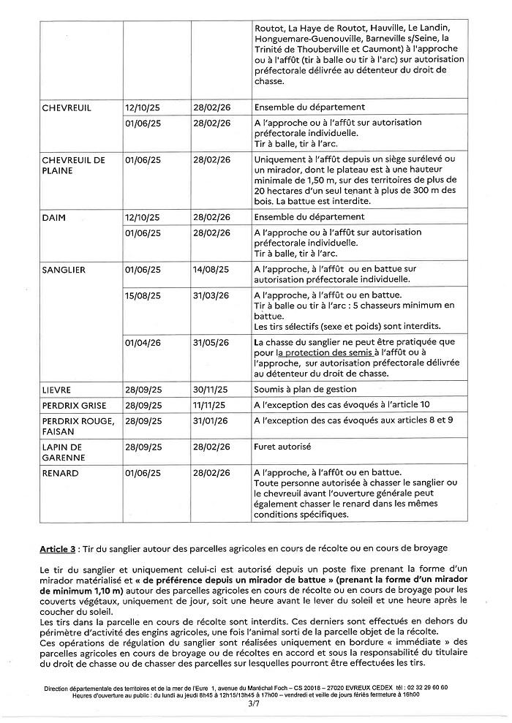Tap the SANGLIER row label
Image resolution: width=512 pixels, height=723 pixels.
65,270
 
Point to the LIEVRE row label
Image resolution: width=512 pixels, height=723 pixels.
57,390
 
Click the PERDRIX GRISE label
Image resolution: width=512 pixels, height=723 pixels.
75,406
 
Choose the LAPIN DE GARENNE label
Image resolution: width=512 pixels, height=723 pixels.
64,450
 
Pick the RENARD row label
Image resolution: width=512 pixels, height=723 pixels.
61,474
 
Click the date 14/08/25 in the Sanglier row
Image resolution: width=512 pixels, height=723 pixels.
211,270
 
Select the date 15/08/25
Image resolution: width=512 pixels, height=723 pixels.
143,295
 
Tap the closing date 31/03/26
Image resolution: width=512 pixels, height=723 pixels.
211,295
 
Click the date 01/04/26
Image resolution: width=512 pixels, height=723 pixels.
143,341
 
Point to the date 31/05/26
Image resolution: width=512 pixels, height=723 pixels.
211,341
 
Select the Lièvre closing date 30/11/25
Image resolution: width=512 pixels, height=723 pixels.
211,390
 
